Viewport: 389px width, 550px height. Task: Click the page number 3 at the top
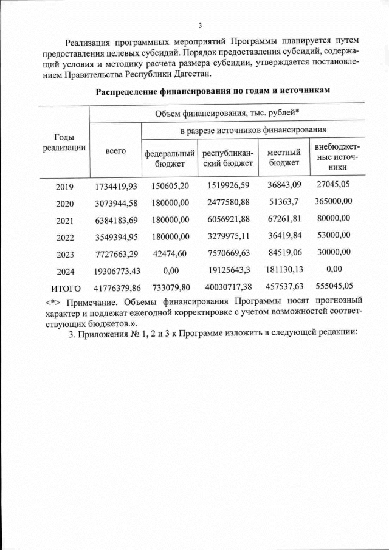[x=199, y=25]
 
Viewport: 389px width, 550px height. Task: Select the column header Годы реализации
[x=64, y=143]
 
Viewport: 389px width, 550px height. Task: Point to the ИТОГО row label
[x=64, y=287]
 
